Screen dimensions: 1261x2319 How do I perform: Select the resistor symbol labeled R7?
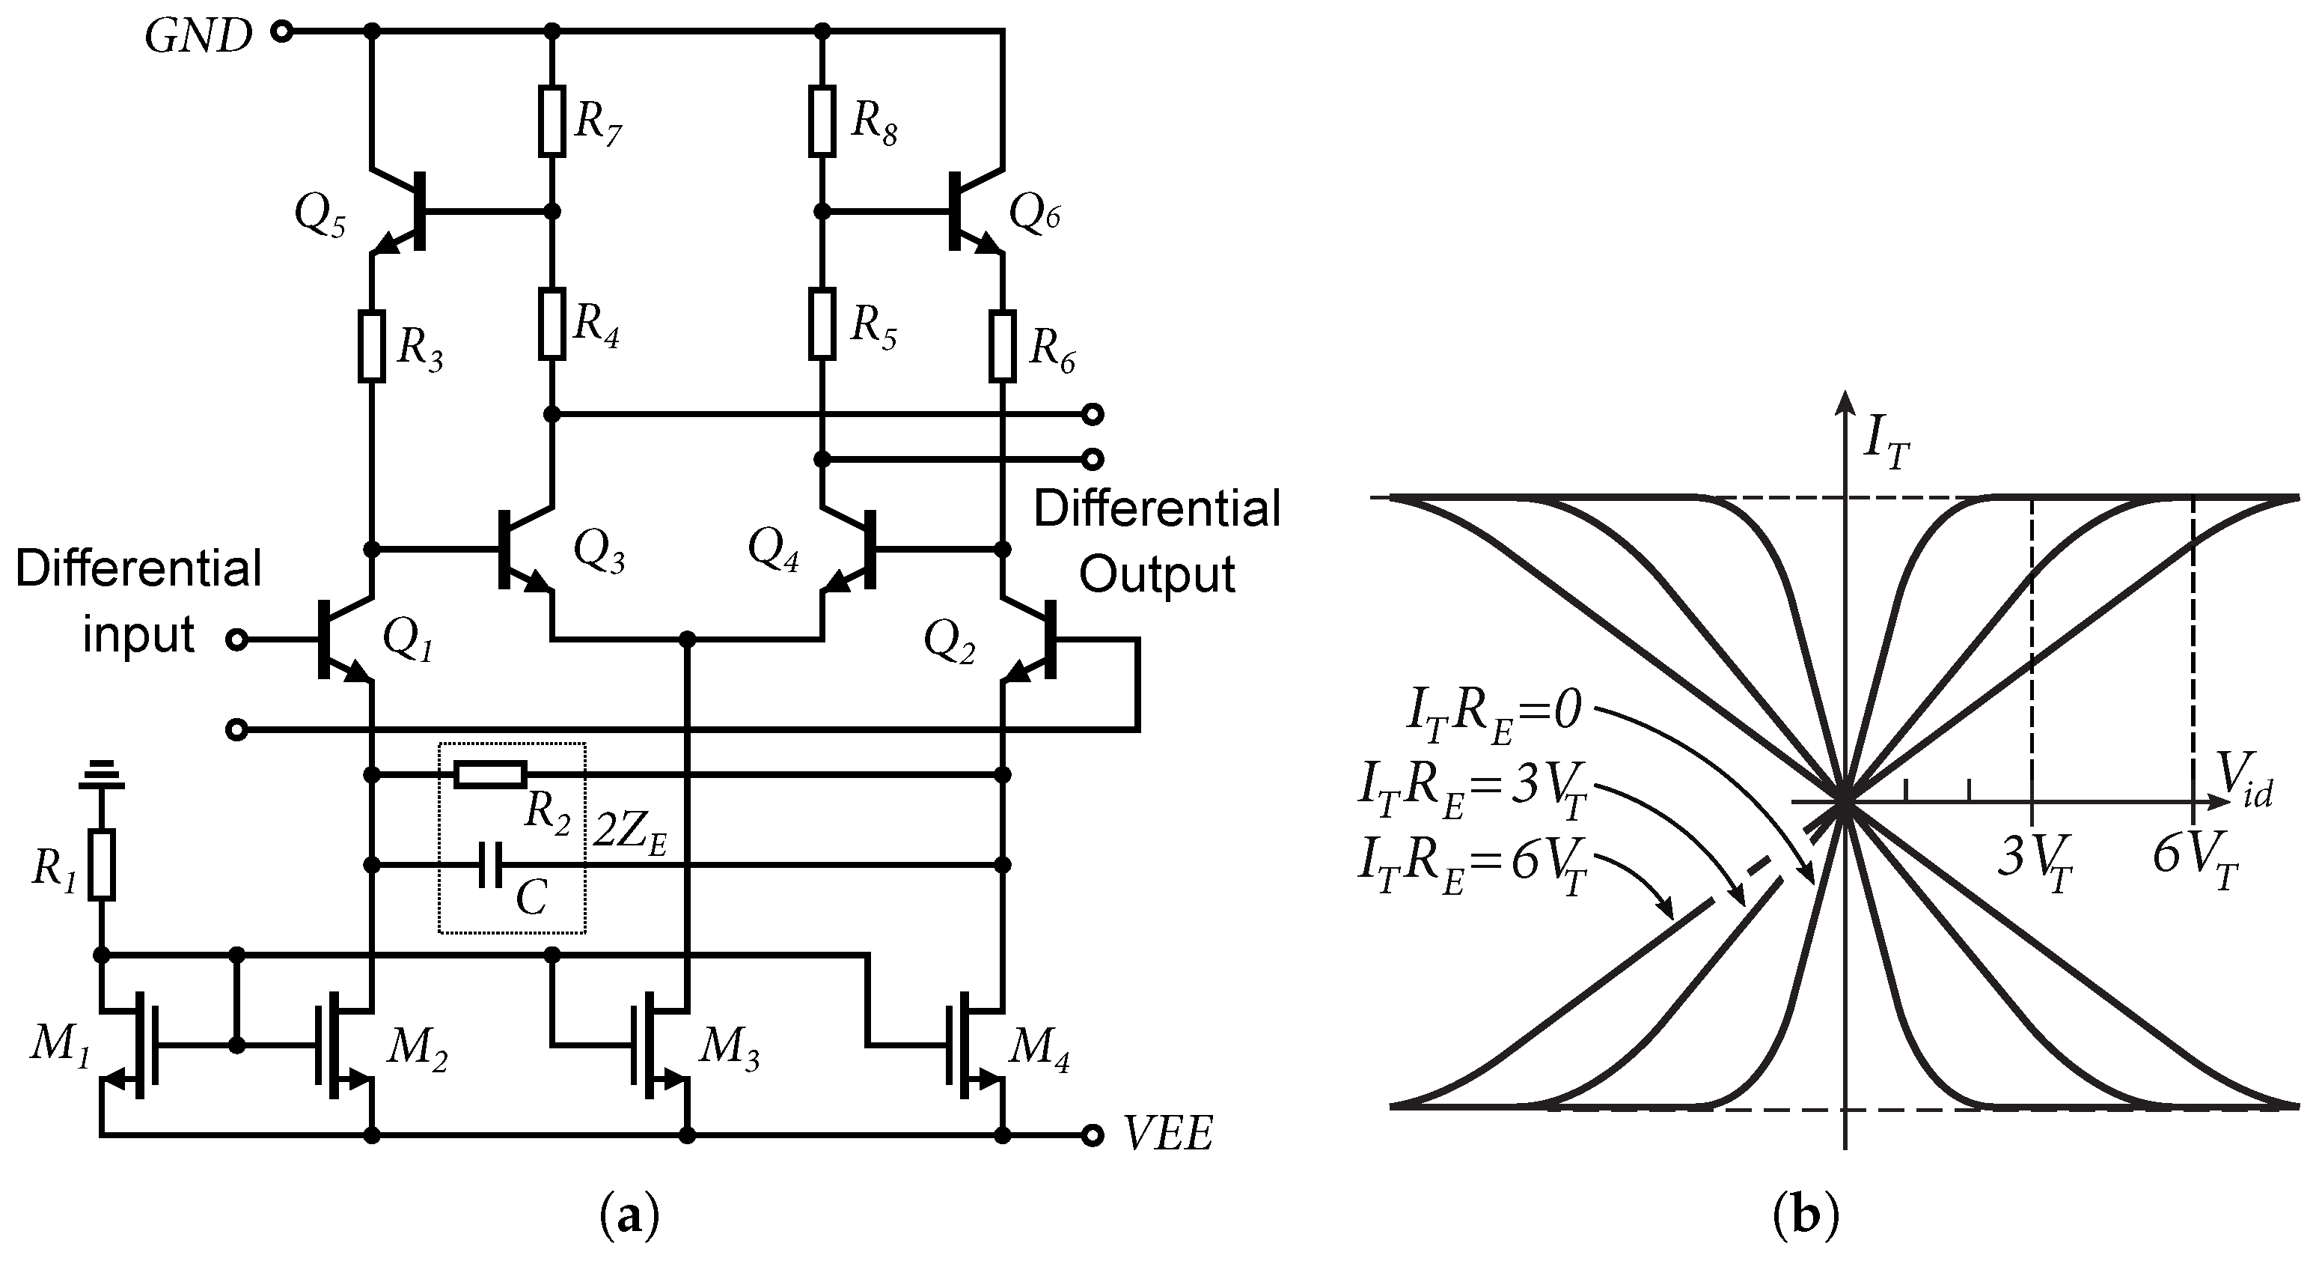click(x=553, y=121)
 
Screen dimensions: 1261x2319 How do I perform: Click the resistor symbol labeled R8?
click(x=822, y=121)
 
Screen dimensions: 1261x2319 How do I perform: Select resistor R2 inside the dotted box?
click(x=489, y=774)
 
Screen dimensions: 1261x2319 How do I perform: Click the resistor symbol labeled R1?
click(x=102, y=865)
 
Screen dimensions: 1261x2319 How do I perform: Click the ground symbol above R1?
click(x=101, y=774)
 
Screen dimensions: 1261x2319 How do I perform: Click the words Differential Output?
click(x=1157, y=541)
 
